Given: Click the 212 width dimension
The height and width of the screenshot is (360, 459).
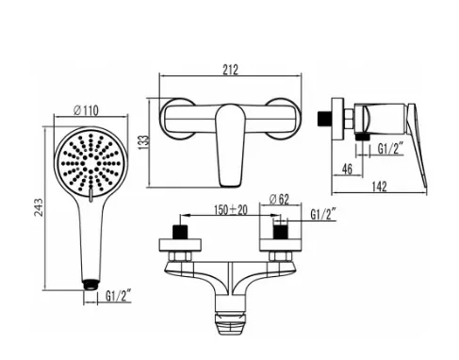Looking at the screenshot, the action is [230, 70].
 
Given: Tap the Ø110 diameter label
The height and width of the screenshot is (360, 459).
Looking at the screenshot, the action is [86, 110].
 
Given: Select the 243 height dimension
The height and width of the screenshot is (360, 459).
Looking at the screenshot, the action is [39, 207].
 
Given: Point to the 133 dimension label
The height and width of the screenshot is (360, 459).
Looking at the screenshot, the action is [143, 142].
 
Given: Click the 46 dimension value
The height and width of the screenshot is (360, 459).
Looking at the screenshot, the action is [347, 170].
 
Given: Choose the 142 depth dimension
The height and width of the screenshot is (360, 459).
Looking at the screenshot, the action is [379, 187].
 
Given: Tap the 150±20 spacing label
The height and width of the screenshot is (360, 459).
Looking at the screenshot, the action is [231, 209].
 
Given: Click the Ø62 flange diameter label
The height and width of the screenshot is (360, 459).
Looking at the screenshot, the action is [279, 199].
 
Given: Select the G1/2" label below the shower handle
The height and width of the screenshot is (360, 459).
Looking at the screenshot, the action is [118, 296].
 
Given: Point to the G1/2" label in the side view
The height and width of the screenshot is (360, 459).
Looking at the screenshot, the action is [390, 149].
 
